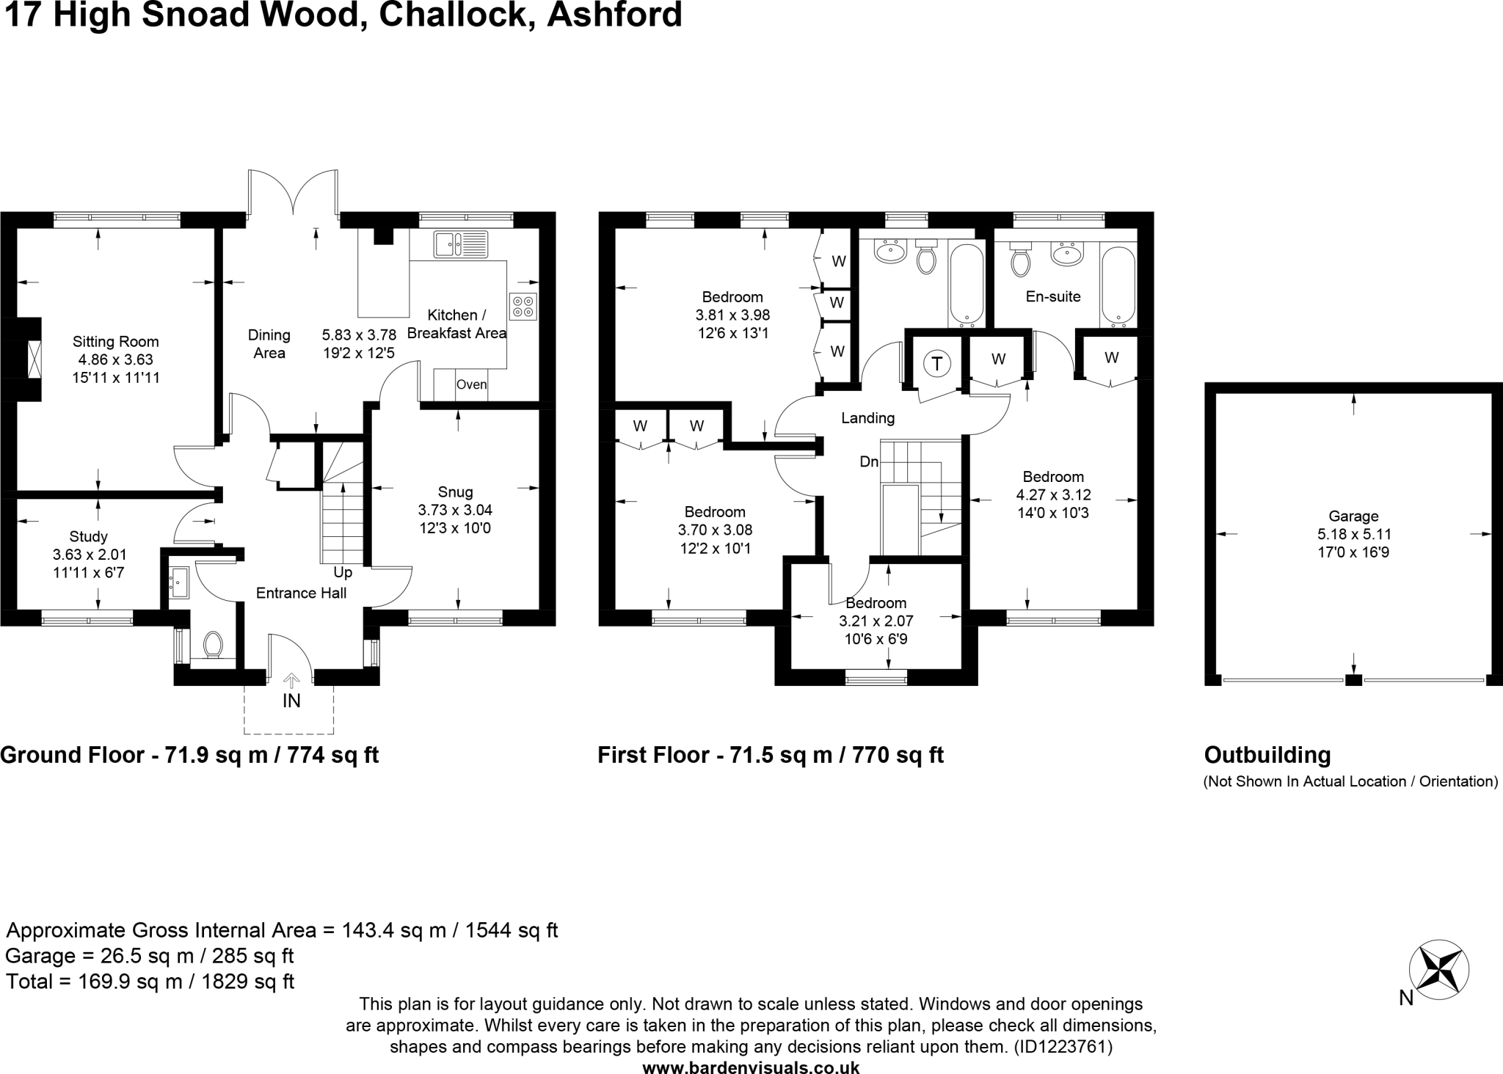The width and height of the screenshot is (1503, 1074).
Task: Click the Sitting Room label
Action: click(115, 342)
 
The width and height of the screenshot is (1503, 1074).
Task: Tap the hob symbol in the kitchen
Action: click(523, 307)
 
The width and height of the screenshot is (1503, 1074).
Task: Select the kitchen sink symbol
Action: click(460, 244)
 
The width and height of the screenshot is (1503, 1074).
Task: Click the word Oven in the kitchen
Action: click(471, 385)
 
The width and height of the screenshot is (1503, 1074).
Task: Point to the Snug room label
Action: click(455, 492)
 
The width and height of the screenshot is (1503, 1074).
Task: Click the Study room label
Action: click(88, 537)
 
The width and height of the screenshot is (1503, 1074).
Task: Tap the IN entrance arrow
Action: click(291, 682)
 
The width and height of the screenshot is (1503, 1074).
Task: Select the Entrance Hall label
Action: click(301, 593)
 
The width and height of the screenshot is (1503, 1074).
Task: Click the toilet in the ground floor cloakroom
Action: click(213, 645)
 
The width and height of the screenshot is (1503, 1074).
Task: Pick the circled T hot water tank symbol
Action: click(936, 363)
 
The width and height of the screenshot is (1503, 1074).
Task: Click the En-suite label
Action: click(1052, 297)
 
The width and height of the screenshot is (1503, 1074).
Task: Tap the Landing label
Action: click(867, 418)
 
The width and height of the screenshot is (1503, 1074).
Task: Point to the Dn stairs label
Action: click(869, 462)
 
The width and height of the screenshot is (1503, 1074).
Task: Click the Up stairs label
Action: click(343, 573)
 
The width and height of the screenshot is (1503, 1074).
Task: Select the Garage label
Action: click(1353, 516)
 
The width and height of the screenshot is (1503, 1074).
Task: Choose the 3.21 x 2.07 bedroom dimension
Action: click(876, 621)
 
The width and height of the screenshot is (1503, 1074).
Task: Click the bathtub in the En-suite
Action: click(1118, 287)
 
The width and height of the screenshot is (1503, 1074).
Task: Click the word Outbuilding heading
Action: click(1267, 755)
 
